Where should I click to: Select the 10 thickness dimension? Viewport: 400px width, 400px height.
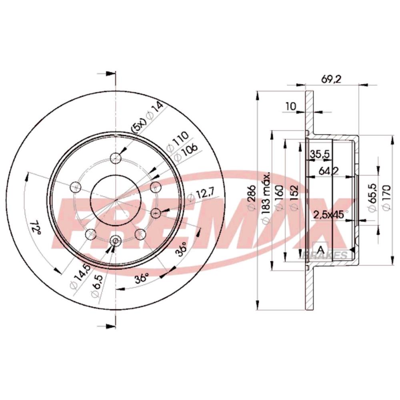290,106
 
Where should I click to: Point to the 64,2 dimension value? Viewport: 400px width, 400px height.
329,171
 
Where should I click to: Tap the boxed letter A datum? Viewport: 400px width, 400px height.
320,249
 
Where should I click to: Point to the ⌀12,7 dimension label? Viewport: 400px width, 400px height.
202,195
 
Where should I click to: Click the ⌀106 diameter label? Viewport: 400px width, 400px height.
185,152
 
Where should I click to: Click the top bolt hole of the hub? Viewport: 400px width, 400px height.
116,157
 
